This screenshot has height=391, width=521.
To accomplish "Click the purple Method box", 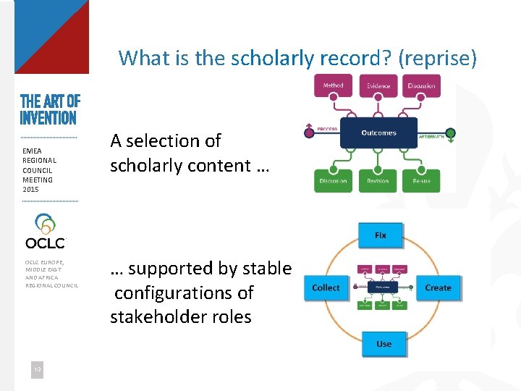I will pos(333,86).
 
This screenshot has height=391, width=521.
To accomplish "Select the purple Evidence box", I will pos(378,86).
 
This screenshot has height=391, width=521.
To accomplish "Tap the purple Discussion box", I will pos(421,86).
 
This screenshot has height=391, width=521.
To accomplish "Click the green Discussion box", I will pos(333,180).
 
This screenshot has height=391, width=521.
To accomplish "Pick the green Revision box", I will pos(378,180).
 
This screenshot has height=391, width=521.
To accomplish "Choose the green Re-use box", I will pos(421,180).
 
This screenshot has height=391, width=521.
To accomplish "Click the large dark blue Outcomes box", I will pos(378,133).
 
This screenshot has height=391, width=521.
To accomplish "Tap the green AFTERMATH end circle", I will pos(450,133).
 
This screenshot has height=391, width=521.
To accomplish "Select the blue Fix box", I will pos(381,235).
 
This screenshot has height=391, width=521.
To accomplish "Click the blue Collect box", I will pos(326,287).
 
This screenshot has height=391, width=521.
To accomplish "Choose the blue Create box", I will pos(438,287).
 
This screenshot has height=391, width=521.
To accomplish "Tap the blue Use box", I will pos(384,343).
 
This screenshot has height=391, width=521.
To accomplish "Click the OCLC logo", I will pos(45,232).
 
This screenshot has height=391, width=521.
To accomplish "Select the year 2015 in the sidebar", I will pos(31,190).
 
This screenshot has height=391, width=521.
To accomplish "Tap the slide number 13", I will pos(36,370).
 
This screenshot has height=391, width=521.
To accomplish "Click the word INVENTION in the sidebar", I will pos(48,118).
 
